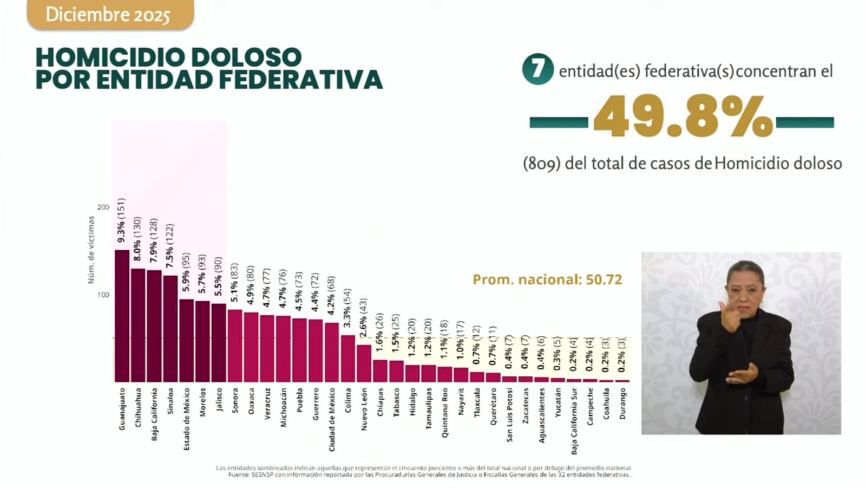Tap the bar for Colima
[x=348, y=359]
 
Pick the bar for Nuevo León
[x=364, y=363]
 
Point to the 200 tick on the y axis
[x=103, y=207]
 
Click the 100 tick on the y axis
[x=103, y=295]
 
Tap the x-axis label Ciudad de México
[x=332, y=419]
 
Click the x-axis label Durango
[x=623, y=404]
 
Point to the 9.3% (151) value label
[x=122, y=220]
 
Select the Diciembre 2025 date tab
[x=108, y=15]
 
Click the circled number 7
[x=537, y=69]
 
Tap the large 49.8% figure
[x=683, y=116]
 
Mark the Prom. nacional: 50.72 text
[x=547, y=279]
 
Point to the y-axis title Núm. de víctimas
[x=91, y=250]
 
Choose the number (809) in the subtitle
[x=541, y=164]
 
